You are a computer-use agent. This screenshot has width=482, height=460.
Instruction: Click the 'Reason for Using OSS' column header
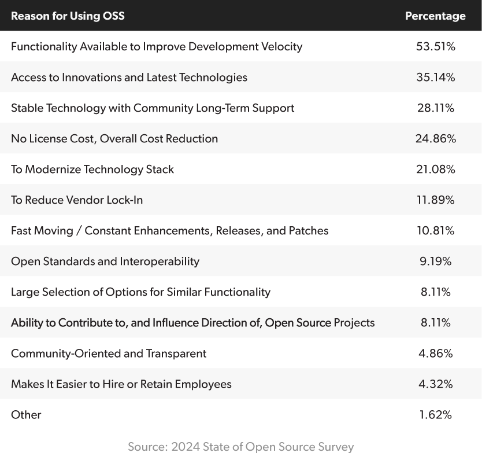(68, 16)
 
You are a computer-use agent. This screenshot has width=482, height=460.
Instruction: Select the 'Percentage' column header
(435, 16)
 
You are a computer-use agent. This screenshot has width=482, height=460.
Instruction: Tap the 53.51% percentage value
(435, 46)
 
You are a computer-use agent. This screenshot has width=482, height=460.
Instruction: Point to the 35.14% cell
(435, 77)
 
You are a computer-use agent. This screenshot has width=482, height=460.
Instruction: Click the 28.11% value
(435, 108)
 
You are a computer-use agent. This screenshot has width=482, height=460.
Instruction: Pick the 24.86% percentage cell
(435, 138)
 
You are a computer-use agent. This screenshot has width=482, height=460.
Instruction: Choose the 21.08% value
(435, 169)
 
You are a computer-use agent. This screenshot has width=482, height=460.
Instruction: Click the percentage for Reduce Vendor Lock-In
(435, 200)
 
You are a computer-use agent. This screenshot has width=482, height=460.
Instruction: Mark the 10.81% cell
(435, 230)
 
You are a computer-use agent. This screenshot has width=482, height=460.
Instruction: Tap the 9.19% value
(435, 261)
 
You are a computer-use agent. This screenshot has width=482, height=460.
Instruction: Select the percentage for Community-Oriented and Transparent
(435, 353)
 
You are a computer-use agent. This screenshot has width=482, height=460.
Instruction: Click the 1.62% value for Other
(435, 414)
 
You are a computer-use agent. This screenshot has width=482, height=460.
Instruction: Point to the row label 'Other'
(26, 414)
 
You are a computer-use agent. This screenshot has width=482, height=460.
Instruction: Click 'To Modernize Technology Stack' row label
(92, 169)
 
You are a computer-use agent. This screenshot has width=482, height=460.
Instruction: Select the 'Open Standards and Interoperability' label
(105, 261)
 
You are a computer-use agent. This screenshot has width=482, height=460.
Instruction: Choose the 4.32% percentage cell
(435, 384)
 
